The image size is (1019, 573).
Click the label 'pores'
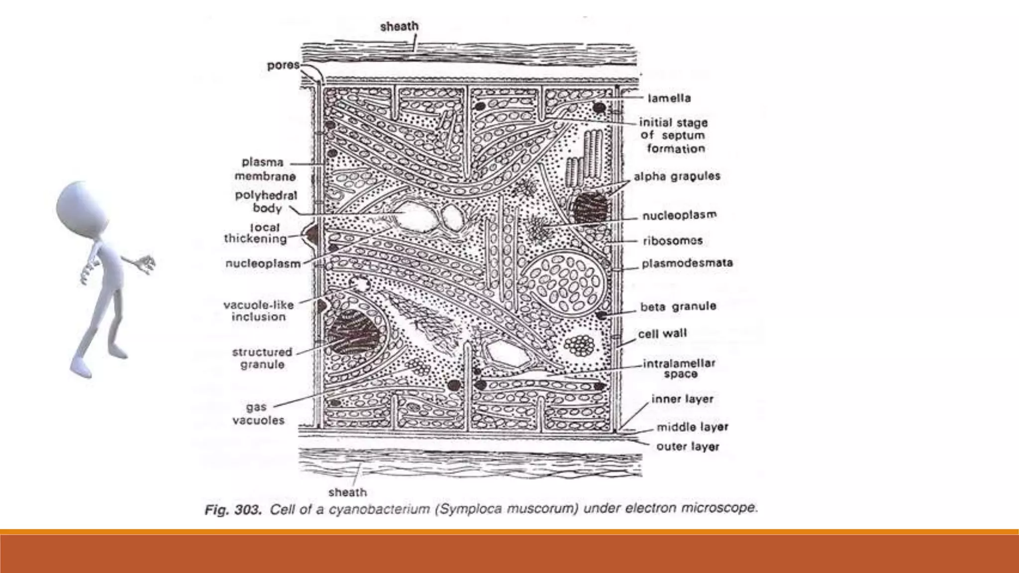point(283,65)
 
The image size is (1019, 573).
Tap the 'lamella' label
point(669,98)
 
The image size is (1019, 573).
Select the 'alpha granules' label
point(677,177)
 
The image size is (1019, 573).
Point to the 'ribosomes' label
point(673,241)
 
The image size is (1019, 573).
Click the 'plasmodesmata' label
point(687,264)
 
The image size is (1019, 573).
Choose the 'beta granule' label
point(678,307)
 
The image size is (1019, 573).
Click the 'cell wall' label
point(662,334)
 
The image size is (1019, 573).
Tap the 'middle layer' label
point(692,427)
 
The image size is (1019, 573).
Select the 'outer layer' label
point(688,447)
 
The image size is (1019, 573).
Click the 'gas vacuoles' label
point(258,414)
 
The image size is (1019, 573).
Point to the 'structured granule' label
point(262,358)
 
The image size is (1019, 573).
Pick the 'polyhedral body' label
point(266,201)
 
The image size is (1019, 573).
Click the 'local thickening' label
point(256,233)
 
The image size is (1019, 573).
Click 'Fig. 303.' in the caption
point(233,511)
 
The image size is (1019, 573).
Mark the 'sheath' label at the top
point(399,26)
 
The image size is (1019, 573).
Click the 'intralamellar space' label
point(679,369)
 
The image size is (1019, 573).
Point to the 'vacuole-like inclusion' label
point(258,311)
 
